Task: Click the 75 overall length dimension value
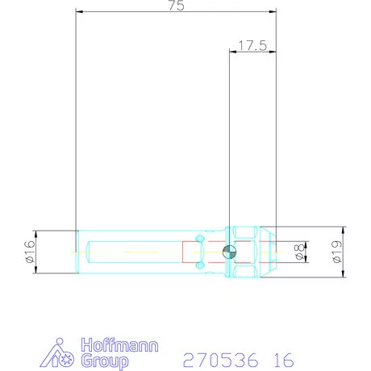177,6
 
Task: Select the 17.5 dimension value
252,45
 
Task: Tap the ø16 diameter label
30,252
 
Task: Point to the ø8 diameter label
299,252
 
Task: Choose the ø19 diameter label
337,252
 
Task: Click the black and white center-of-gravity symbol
230,252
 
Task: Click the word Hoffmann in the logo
119,345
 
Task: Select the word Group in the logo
105,361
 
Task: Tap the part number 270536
220,360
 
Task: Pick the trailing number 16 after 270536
284,360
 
